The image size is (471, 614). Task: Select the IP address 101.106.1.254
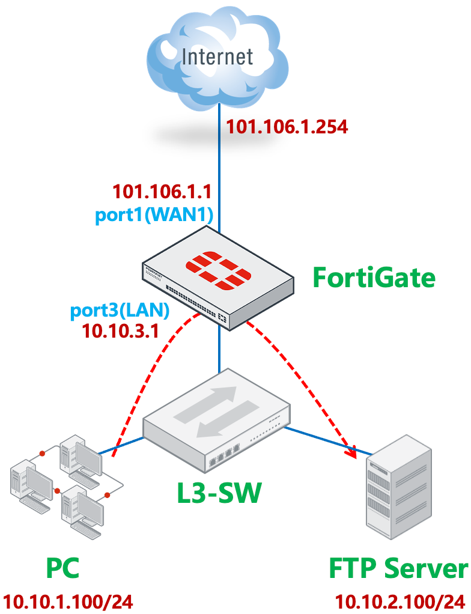pyautogui.click(x=287, y=127)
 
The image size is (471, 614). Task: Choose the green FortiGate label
pyautogui.click(x=373, y=278)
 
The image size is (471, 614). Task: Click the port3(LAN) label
pyautogui.click(x=120, y=311)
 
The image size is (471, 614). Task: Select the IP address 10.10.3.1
pyautogui.click(x=120, y=331)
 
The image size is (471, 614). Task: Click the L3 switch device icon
pyautogui.click(x=216, y=424)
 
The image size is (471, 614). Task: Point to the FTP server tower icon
pyautogui.click(x=400, y=486)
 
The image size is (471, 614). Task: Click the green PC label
pyautogui.click(x=62, y=568)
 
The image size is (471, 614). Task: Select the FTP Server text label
pyautogui.click(x=398, y=568)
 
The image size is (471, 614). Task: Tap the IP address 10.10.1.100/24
pyautogui.click(x=67, y=601)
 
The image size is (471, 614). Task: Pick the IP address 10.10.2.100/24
pyautogui.click(x=399, y=601)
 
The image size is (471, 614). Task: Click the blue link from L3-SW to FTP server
pyautogui.click(x=327, y=439)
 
